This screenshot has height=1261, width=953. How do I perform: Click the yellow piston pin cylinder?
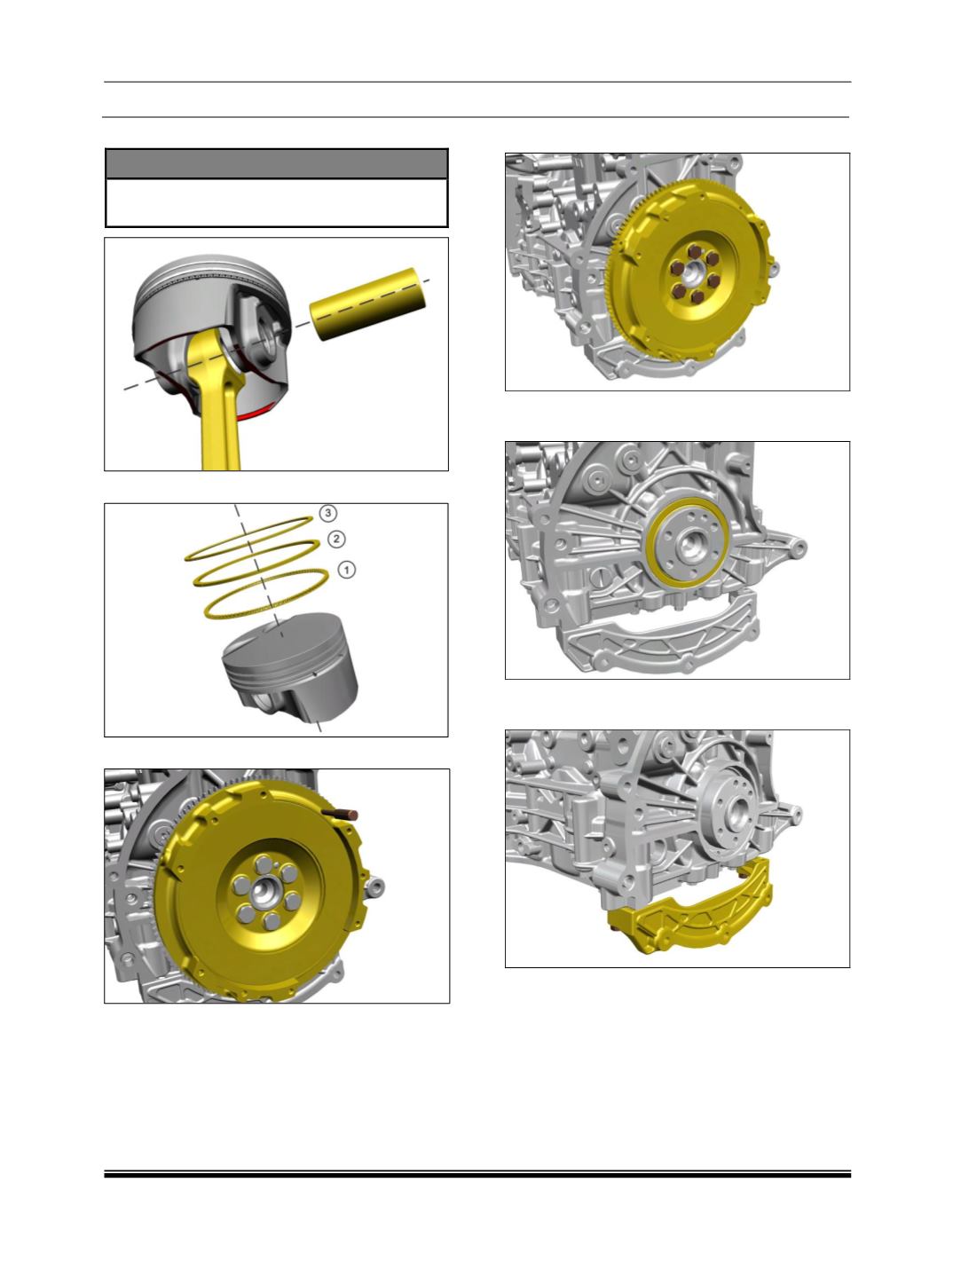point(369,303)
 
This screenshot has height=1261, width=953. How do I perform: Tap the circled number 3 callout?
point(327,512)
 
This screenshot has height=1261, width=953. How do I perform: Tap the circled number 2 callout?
point(336,539)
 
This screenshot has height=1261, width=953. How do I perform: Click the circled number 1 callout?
point(346,570)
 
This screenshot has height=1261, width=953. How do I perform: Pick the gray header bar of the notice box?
point(276,164)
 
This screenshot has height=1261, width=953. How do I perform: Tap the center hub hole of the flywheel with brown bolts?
point(693,273)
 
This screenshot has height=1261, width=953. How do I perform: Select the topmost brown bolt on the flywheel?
point(695,251)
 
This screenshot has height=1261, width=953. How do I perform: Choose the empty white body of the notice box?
point(276,202)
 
